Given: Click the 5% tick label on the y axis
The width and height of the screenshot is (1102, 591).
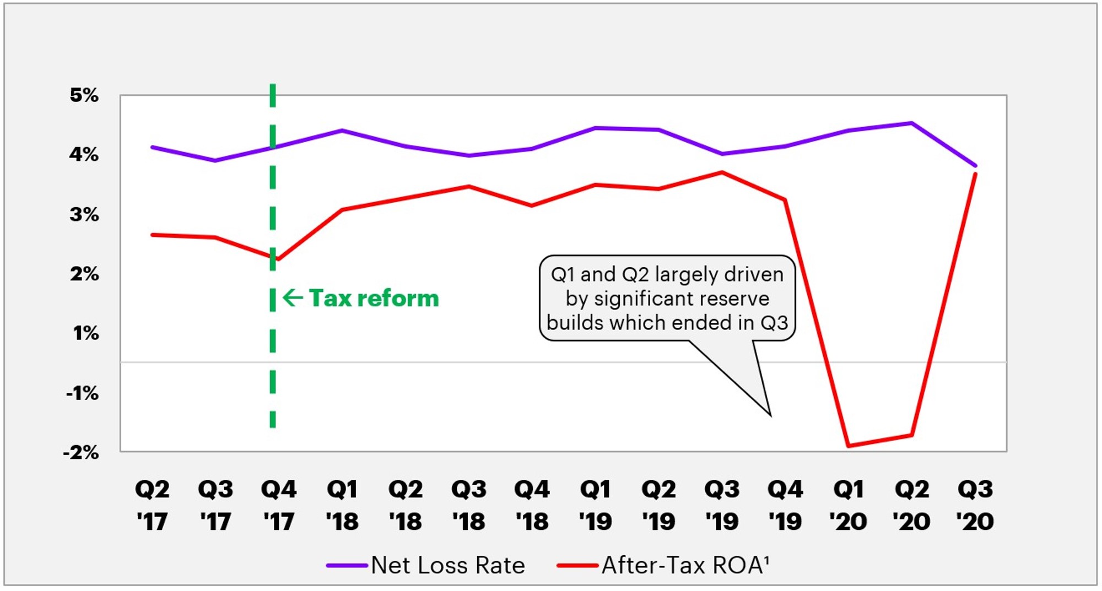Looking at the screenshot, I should [84, 95].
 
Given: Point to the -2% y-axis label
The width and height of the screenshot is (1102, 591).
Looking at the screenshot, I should [81, 453].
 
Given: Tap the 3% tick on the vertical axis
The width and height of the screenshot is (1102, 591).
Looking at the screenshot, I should [84, 214].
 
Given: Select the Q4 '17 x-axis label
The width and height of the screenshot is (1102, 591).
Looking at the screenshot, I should [279, 505].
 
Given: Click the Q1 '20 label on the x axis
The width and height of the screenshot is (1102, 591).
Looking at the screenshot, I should [849, 505].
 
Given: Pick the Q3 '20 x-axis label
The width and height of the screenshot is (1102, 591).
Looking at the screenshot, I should [975, 505].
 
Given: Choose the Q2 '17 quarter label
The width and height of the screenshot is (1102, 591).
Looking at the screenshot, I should [153, 505].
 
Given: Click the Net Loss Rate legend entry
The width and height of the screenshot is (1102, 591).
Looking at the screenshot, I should [447, 565].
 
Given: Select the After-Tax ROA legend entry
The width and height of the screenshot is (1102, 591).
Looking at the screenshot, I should [684, 565].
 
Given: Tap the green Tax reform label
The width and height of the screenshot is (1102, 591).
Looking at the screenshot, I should [374, 299].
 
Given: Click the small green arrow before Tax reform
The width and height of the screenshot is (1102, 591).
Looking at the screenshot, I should [293, 298].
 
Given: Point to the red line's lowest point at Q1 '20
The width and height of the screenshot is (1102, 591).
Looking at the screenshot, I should [849, 446].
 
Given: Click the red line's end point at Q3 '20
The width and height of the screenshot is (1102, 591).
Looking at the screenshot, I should [976, 174].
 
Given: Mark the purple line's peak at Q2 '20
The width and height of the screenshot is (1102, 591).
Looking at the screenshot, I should [912, 123].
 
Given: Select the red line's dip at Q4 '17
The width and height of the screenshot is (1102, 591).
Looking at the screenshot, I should [278, 259].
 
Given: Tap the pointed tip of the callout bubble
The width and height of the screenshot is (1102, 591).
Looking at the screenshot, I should [770, 415].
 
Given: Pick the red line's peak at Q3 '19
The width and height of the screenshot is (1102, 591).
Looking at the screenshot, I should [722, 172].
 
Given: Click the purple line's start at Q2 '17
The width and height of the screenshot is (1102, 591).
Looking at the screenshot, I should [153, 147].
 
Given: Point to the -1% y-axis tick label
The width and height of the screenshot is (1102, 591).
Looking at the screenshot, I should [83, 393].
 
